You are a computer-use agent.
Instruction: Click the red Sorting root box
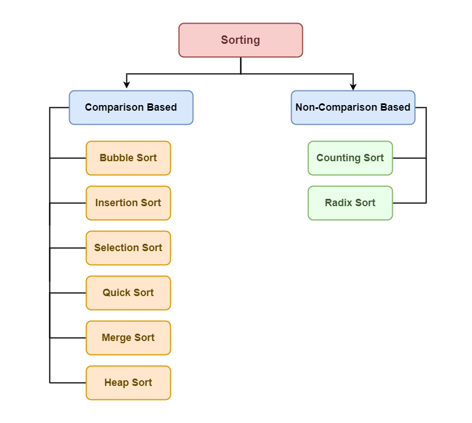pos(240,40)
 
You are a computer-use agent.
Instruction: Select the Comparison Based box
pos(131,107)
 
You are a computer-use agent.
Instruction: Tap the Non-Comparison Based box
pos(353,107)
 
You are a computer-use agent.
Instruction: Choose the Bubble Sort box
pos(128,158)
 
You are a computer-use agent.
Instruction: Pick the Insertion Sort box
pos(128,203)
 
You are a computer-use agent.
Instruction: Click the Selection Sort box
pos(128,248)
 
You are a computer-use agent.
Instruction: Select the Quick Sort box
pos(128,293)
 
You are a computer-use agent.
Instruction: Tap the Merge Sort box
pos(128,338)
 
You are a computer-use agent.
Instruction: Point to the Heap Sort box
pos(128,383)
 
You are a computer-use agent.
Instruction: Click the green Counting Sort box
pos(350,158)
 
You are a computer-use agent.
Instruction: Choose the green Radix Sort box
pos(350,203)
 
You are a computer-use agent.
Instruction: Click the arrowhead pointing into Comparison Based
pos(127,85)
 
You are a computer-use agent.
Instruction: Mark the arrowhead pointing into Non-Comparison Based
pos(353,85)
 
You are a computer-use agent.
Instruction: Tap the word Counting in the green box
pos(338,158)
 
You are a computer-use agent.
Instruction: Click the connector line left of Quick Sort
pos(68,293)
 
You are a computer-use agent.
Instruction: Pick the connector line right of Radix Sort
pos(409,203)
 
